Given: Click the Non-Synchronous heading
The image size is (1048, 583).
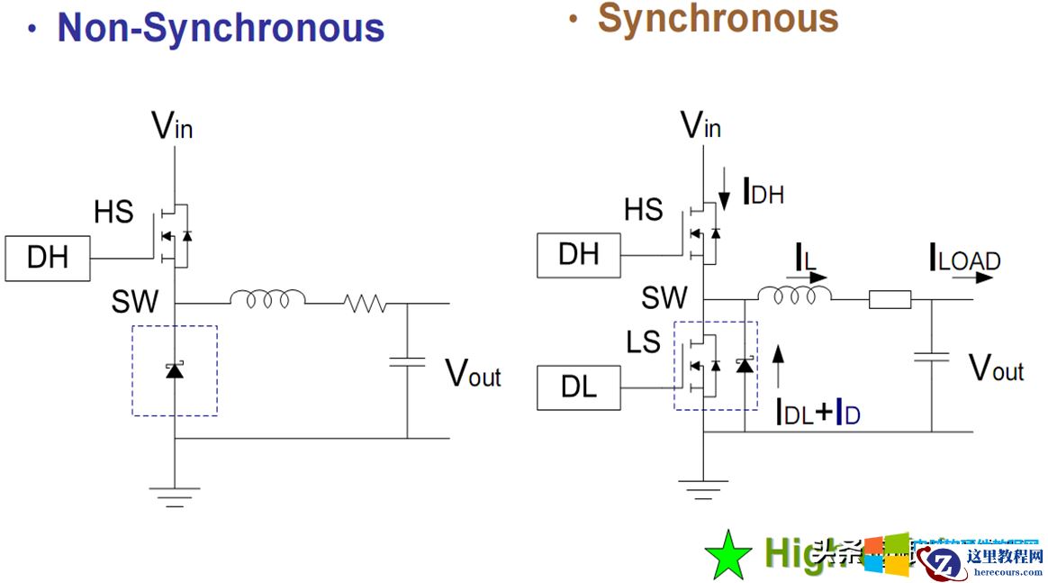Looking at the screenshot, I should coord(221,28).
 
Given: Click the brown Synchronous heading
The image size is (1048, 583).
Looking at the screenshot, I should coord(718,17).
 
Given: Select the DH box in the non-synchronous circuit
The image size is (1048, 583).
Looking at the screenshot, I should coord(48,258).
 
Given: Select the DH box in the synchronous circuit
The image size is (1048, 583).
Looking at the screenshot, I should coord(579,253).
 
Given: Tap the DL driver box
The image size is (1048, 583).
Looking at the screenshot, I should coord(579,387).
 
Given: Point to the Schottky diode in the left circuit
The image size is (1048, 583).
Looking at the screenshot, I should coord(175,369).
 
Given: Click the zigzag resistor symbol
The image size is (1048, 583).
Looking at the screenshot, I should coord(365,304).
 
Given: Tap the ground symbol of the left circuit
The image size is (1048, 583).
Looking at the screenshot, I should coord(175,495).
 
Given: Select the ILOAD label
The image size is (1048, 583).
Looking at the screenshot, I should coord(964,260).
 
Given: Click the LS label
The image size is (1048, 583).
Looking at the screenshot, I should coord(643,342).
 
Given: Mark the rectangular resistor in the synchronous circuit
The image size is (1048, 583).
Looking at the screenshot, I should coord(890,299).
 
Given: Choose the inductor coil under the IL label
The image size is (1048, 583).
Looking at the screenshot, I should coord(794,295).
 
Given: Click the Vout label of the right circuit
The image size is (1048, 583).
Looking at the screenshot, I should coord(996,367).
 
